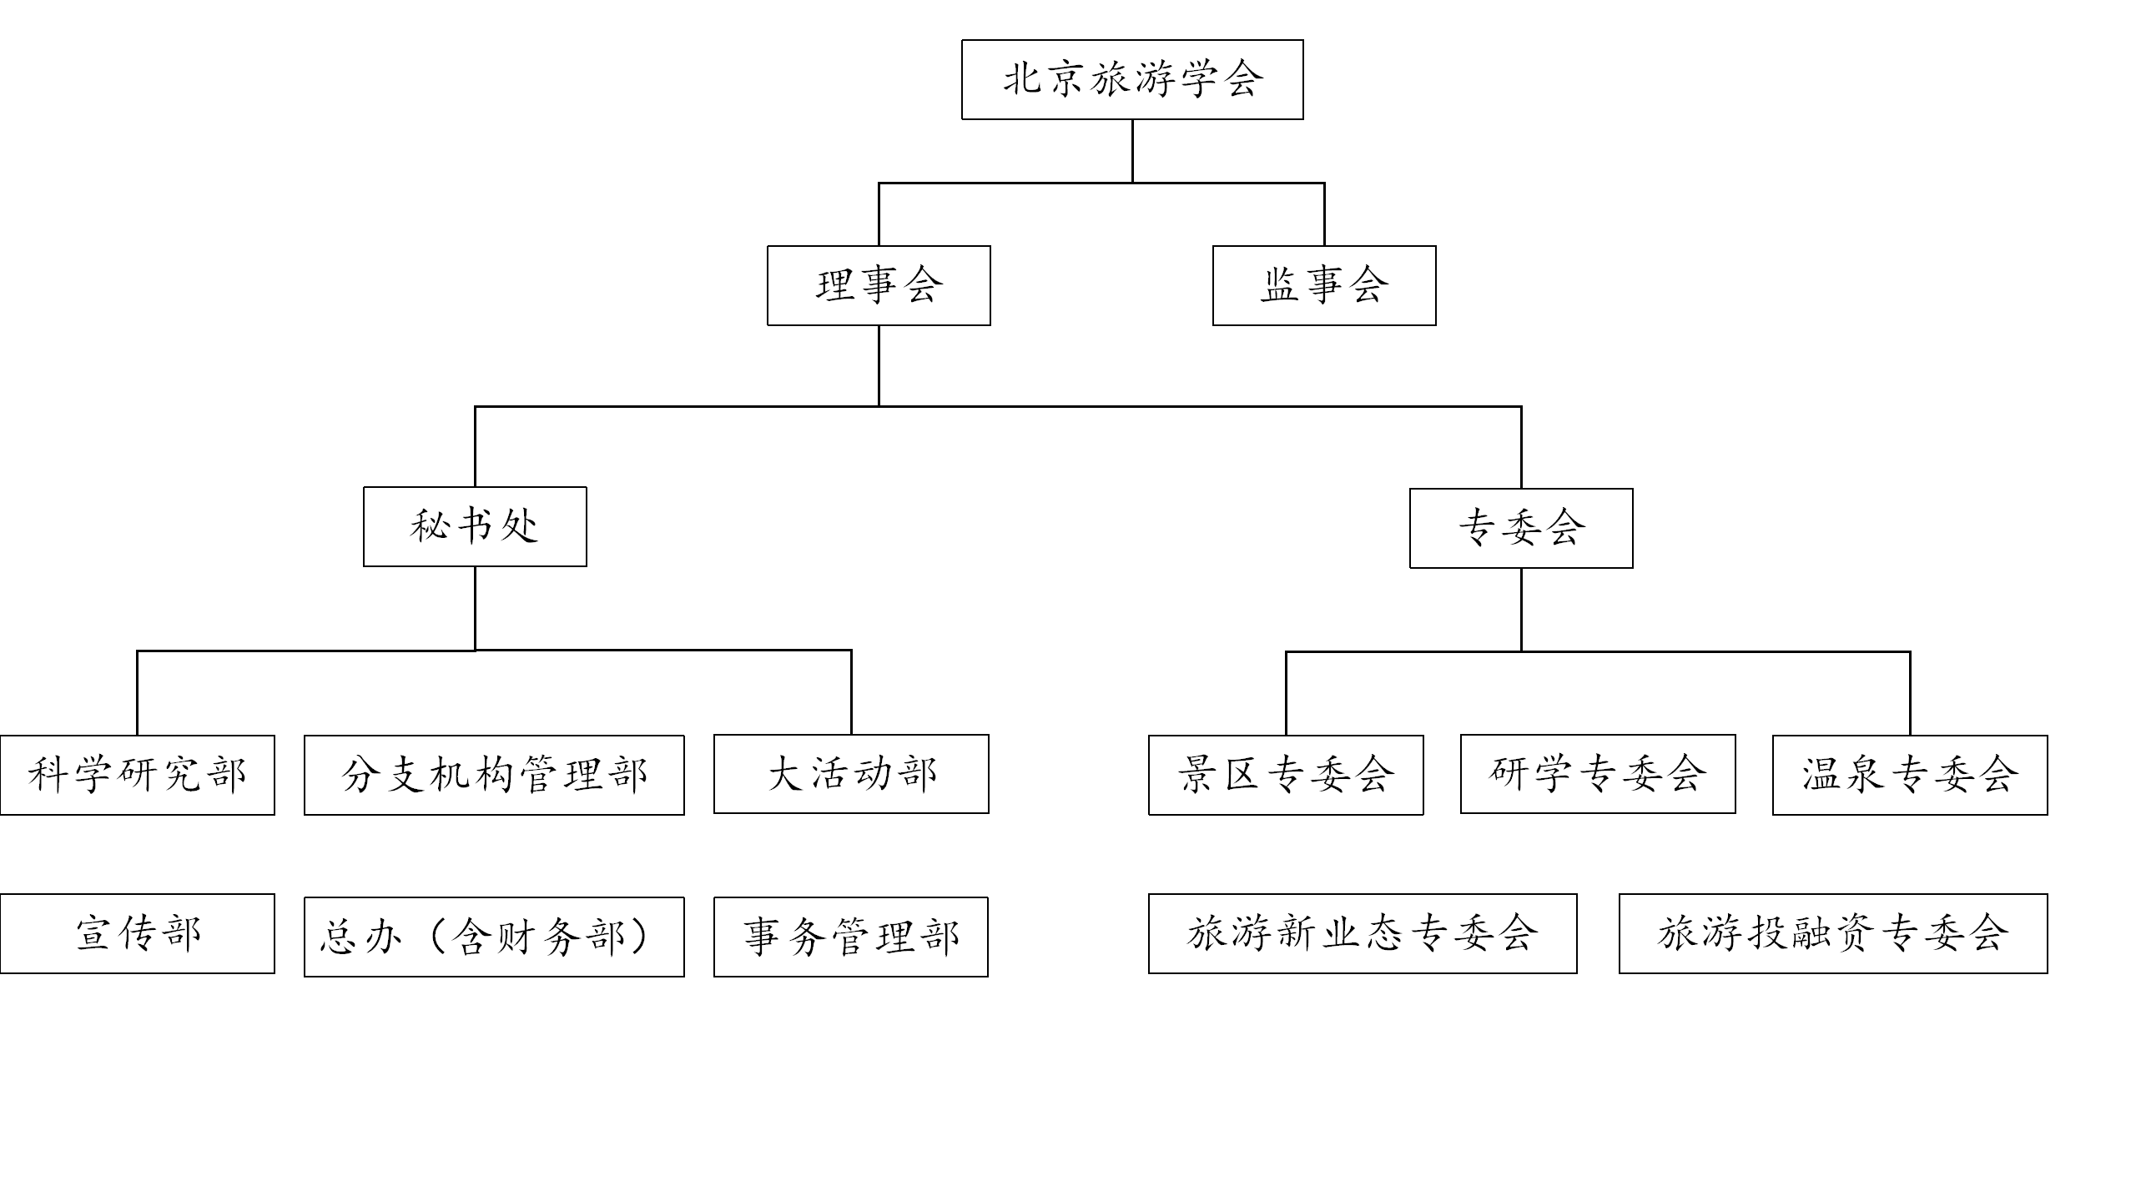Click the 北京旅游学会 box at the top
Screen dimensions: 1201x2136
click(1132, 79)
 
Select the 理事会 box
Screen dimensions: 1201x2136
click(879, 285)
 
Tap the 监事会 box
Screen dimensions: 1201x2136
click(1324, 285)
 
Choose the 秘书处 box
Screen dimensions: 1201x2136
click(475, 526)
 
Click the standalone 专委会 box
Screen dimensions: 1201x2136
click(1521, 528)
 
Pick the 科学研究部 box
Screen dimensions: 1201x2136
click(138, 775)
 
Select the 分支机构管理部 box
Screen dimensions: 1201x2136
click(494, 775)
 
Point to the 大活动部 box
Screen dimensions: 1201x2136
click(851, 774)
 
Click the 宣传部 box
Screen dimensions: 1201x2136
click(138, 933)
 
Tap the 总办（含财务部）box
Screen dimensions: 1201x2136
click(494, 937)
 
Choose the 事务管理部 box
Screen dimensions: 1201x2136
click(851, 937)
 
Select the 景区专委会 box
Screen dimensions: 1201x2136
click(1286, 775)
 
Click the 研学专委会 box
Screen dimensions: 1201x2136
click(1598, 774)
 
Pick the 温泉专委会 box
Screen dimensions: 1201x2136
click(1910, 775)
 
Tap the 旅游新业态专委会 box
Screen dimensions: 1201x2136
click(1363, 933)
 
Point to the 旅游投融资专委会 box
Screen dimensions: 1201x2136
click(1833, 933)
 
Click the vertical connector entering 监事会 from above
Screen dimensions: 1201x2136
click(1324, 214)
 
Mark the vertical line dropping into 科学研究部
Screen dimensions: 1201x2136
click(138, 692)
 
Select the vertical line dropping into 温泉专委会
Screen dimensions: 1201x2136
click(1910, 693)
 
